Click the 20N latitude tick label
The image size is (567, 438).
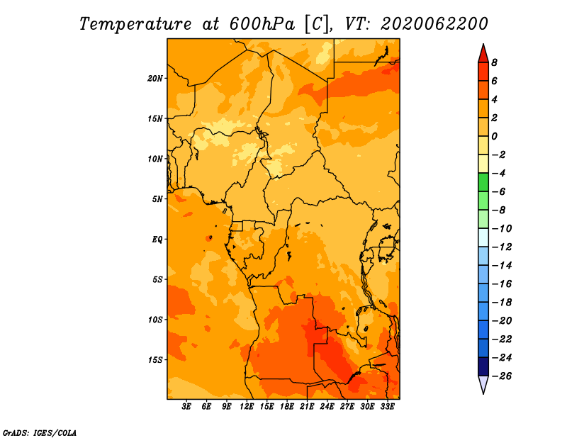click(x=155, y=78)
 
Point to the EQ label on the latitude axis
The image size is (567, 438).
click(x=157, y=239)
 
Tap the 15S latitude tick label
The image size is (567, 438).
click(x=155, y=360)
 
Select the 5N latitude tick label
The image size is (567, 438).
click(x=157, y=199)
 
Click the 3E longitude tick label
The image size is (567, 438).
click(x=186, y=406)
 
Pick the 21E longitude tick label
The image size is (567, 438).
click(x=307, y=406)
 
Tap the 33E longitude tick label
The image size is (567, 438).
click(x=387, y=406)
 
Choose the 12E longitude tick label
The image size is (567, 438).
click(x=247, y=406)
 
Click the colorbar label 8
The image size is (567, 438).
click(x=494, y=62)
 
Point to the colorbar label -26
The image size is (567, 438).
click(x=502, y=376)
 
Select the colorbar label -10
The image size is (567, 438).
click(x=502, y=229)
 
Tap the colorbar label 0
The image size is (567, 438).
click(x=494, y=136)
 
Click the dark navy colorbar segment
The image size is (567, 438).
click(x=483, y=366)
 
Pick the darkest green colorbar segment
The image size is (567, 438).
click(x=483, y=182)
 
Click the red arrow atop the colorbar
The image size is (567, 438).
click(x=483, y=54)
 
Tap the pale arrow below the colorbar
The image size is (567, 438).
click(x=483, y=385)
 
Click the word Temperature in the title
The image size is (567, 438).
click(x=135, y=24)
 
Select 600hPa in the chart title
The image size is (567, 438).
click(x=262, y=24)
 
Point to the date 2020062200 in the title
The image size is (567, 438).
click(x=434, y=24)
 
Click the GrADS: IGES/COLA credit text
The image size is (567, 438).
click(x=40, y=433)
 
